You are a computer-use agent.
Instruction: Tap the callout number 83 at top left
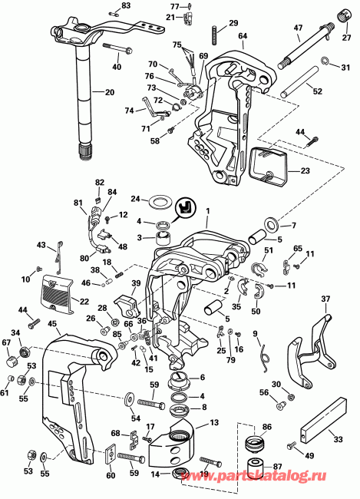[126, 5]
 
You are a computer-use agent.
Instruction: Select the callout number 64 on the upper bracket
[243, 36]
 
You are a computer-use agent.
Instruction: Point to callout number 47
[298, 28]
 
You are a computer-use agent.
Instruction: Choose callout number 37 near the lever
[325, 299]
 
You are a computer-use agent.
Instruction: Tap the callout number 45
[52, 323]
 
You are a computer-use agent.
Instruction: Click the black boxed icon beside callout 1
[184, 207]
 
